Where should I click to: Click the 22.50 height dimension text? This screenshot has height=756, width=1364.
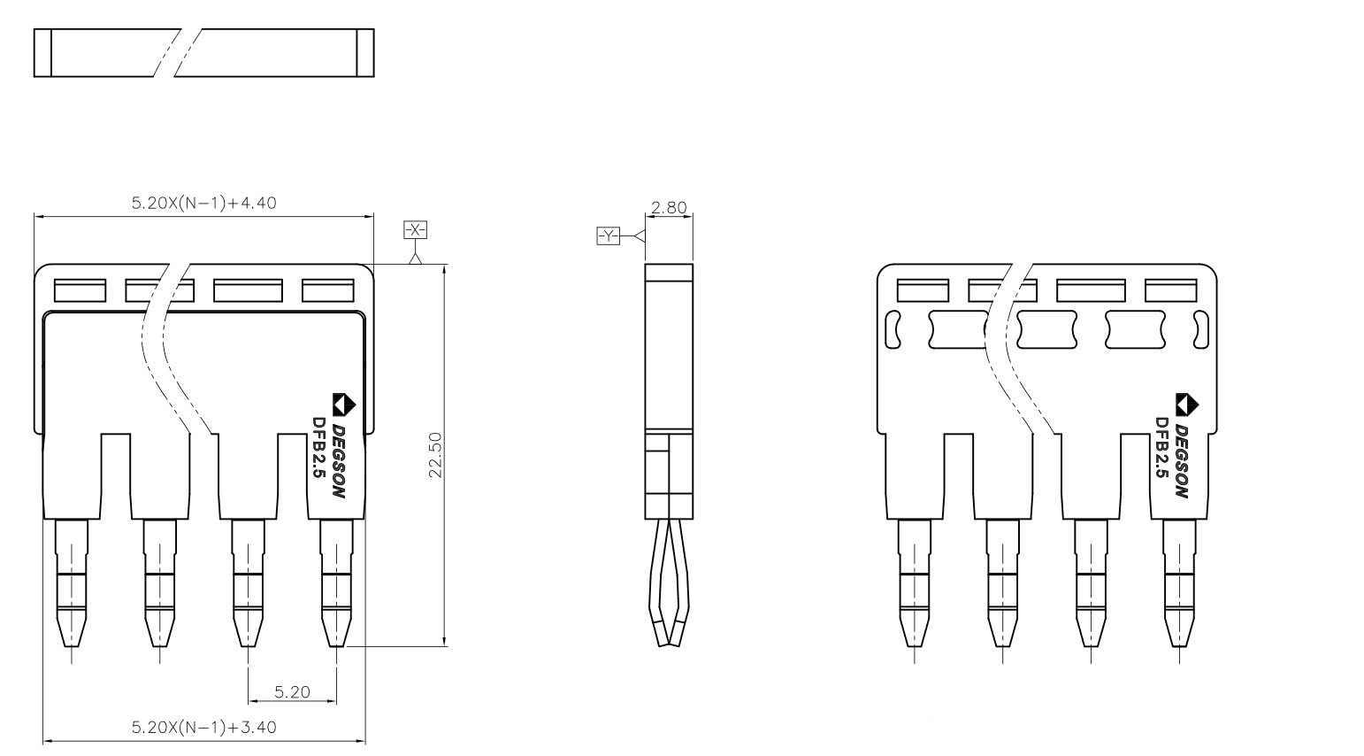point(435,454)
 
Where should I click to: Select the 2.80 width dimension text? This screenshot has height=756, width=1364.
point(669,208)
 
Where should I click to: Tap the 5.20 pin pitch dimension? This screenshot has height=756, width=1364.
point(292,692)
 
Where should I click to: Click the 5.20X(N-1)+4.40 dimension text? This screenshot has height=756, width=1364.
point(204,203)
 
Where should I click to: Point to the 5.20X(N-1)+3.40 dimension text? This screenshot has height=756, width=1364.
point(204,728)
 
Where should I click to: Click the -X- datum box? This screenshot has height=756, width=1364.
point(415,229)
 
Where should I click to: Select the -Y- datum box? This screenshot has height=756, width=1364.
point(608,235)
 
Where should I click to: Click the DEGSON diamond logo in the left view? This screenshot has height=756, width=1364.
point(344,404)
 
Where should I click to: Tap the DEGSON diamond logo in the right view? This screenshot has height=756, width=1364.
point(1187,404)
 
